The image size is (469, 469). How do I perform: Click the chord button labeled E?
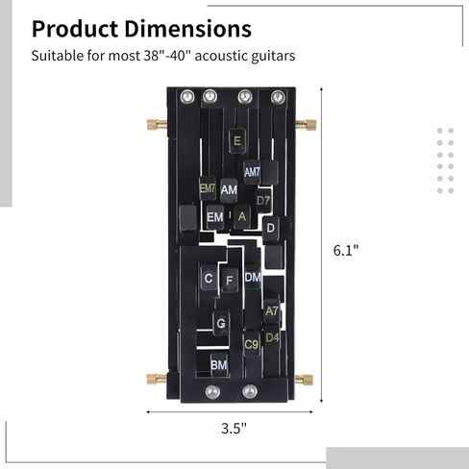click(x=237, y=141)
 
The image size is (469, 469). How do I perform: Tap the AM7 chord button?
click(x=252, y=172)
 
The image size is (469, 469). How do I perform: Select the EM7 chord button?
click(x=208, y=188)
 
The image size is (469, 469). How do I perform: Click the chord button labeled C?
click(x=209, y=278)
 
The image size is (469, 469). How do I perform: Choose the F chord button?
click(x=230, y=281)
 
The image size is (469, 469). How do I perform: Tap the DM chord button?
click(x=253, y=277)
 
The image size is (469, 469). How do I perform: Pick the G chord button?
click(x=221, y=323)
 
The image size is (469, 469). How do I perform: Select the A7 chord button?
click(x=272, y=310)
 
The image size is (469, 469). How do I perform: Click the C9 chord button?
click(x=252, y=344)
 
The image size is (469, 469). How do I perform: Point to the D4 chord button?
click(x=272, y=337)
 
